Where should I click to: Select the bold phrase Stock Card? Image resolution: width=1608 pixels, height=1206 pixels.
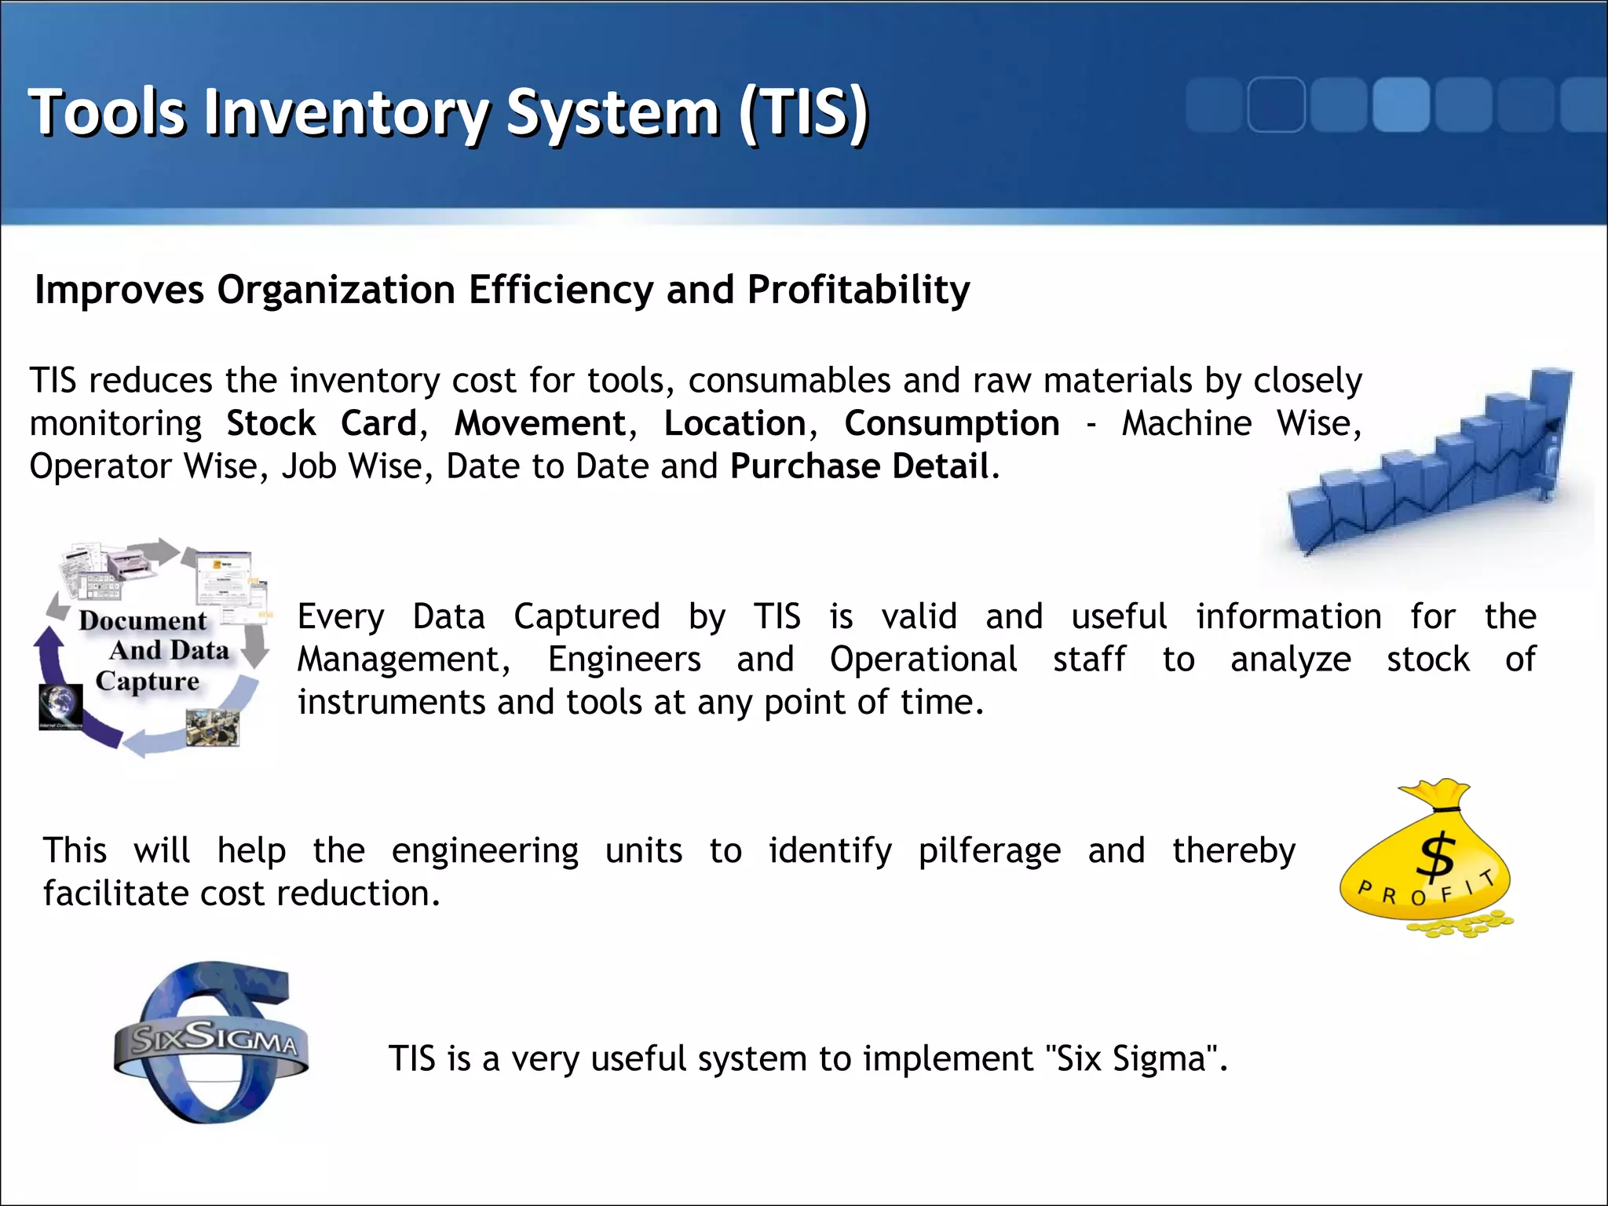pyautogui.click(x=321, y=423)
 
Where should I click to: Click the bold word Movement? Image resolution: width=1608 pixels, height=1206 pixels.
pyautogui.click(x=540, y=423)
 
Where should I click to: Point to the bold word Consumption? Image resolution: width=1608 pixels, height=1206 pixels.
pyautogui.click(x=952, y=423)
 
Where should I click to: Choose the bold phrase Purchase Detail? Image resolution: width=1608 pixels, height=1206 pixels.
pyautogui.click(x=860, y=466)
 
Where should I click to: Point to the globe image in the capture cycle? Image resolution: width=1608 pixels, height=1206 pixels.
pyautogui.click(x=60, y=705)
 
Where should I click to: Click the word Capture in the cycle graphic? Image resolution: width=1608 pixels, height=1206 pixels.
pyautogui.click(x=148, y=681)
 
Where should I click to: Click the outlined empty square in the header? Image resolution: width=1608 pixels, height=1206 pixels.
pyautogui.click(x=1276, y=105)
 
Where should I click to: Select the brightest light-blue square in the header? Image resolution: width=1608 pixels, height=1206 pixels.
pyautogui.click(x=1400, y=105)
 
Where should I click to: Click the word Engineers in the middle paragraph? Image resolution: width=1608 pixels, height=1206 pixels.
pyautogui.click(x=624, y=660)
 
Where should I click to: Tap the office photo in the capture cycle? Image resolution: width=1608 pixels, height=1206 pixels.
pyautogui.click(x=212, y=727)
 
